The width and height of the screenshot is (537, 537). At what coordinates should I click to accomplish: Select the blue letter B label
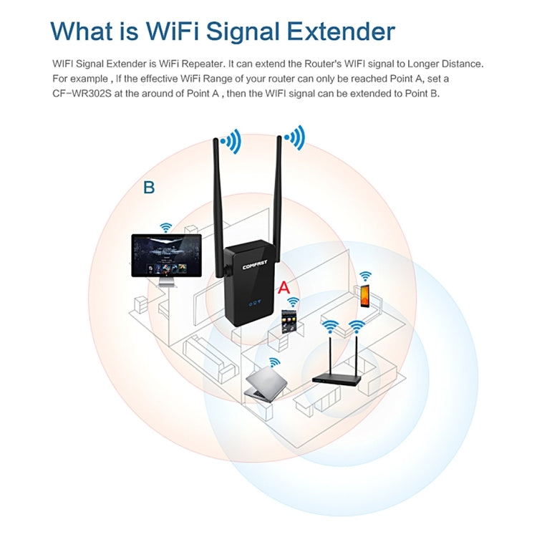coord(149,188)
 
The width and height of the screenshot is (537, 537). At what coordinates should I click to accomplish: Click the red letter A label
coord(284,288)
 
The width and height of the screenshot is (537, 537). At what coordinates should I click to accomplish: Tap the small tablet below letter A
coord(290,322)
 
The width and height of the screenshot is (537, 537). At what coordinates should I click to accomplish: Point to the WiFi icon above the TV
coord(165,227)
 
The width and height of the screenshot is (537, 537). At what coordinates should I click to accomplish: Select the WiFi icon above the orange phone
coord(365,276)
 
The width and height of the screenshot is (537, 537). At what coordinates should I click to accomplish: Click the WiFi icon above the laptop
coord(274,362)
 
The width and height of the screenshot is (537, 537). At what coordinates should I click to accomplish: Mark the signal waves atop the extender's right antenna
coord(294,135)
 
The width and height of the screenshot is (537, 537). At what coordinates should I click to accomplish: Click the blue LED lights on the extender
coord(255,303)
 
